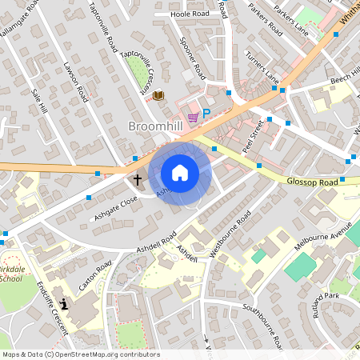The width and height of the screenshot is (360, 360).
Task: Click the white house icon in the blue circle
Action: coord(180,173)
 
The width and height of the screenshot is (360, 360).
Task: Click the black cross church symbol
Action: coord(137,179)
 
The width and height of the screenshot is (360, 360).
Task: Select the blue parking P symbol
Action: coord(206,114)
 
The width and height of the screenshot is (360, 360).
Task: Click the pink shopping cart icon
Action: coord(192,116)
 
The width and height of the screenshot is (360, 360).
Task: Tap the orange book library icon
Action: coord(158,95)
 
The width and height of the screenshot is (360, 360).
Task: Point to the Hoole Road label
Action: coord(189,14)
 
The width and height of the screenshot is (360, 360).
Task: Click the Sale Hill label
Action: coord(39,105)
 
